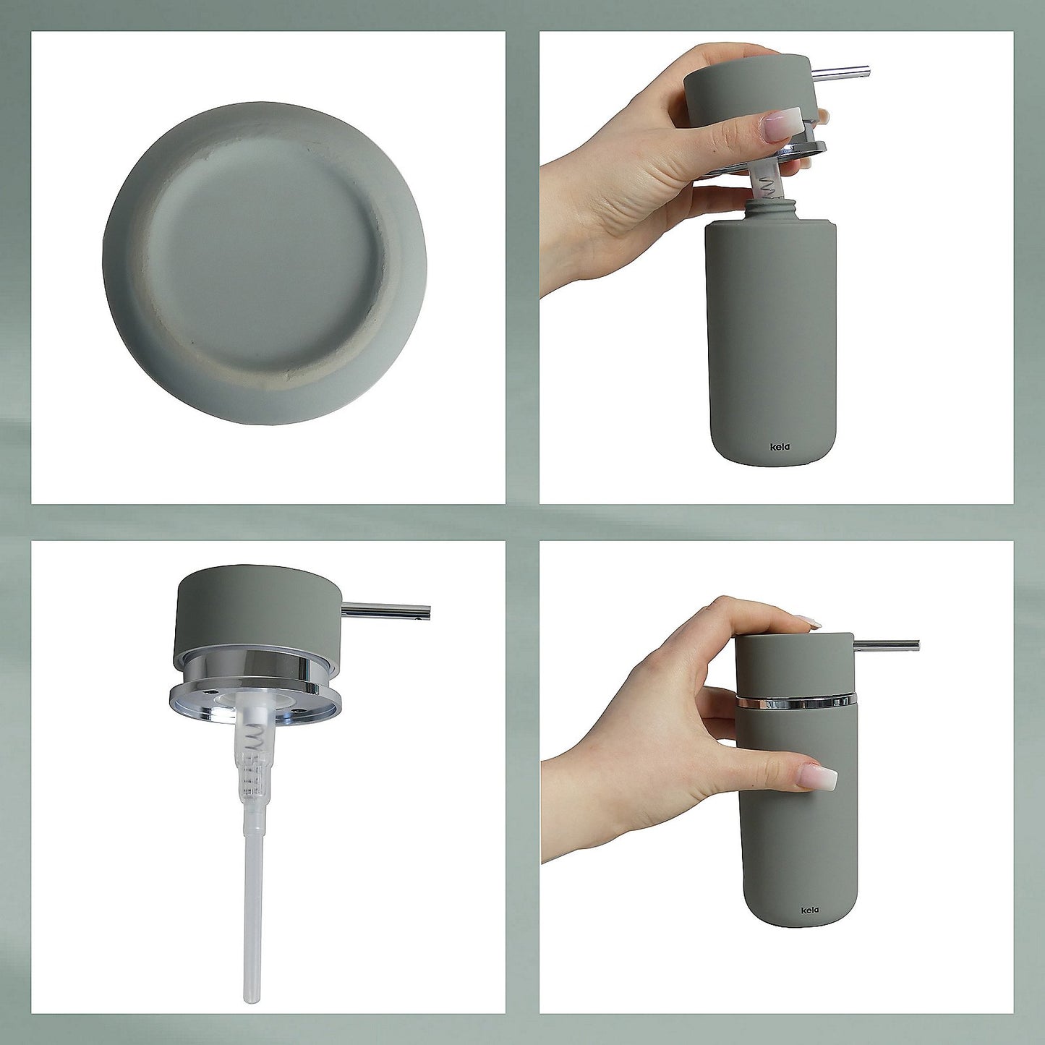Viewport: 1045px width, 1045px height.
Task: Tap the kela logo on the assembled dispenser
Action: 810,910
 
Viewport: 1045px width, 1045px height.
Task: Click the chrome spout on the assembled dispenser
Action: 887,644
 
